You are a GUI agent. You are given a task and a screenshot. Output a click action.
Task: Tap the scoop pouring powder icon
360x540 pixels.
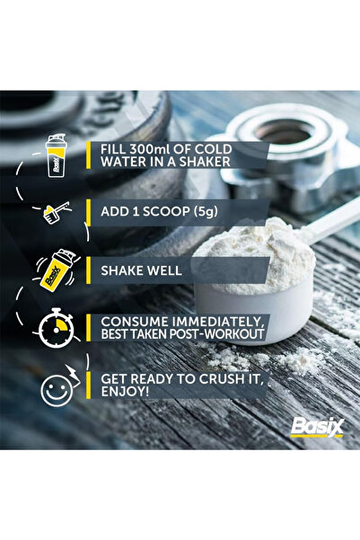click(56, 214)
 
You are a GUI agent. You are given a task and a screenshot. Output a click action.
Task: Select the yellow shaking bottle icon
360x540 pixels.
click(56, 270)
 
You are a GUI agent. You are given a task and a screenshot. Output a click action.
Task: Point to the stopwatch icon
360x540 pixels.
click(56, 327)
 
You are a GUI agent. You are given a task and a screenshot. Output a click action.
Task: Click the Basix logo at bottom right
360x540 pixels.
click(315, 424)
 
